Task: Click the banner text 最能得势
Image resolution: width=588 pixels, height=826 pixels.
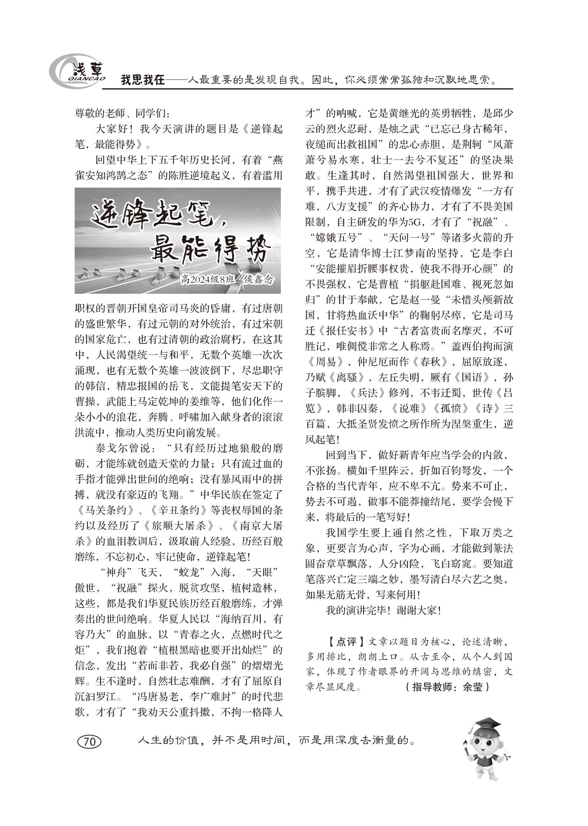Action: click(210, 250)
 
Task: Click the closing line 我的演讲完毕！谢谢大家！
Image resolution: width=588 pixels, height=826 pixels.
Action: click(384, 610)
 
